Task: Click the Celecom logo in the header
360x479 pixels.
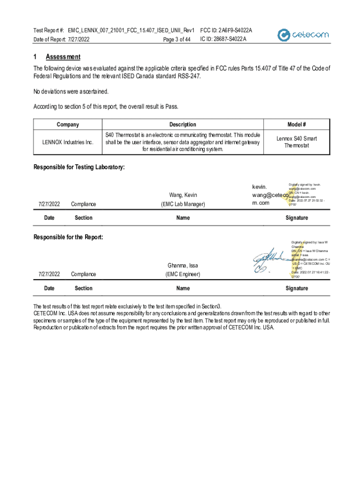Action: point(303,35)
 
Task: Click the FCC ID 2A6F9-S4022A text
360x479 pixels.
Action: point(226,30)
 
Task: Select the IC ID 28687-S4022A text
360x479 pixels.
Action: point(223,39)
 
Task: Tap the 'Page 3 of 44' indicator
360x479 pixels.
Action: point(177,39)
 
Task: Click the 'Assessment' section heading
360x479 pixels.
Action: point(63,57)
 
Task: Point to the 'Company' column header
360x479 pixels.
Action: point(68,124)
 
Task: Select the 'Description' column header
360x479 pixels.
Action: point(183,124)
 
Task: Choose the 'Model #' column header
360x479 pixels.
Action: point(296,124)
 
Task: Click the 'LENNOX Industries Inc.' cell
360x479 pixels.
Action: point(68,142)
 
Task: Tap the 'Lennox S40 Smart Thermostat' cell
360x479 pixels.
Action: point(296,142)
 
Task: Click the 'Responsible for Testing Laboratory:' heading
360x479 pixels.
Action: point(79,167)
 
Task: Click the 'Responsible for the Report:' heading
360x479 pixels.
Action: point(68,237)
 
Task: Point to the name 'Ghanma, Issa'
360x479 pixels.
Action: point(183,266)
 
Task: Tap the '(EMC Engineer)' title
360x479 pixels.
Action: point(183,274)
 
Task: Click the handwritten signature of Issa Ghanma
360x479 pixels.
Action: point(269,260)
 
